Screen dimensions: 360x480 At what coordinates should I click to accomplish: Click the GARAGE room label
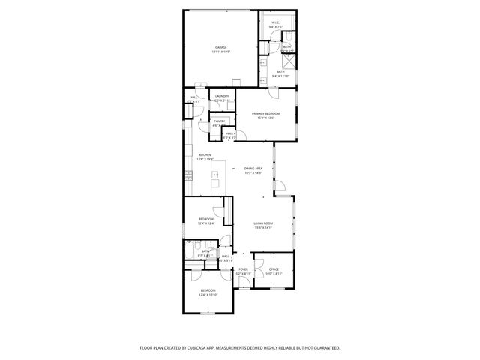click(220, 47)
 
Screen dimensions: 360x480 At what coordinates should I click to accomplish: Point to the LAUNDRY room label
click(221, 96)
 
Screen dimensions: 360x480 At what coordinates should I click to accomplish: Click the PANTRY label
click(219, 121)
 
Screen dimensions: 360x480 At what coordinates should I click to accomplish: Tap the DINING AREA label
click(253, 169)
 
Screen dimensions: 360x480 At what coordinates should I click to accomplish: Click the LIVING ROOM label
click(262, 223)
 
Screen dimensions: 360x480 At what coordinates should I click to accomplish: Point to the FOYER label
click(243, 268)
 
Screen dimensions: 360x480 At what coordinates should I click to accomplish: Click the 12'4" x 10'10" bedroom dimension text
click(207, 295)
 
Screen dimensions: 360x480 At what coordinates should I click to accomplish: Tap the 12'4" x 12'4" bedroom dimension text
click(206, 223)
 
